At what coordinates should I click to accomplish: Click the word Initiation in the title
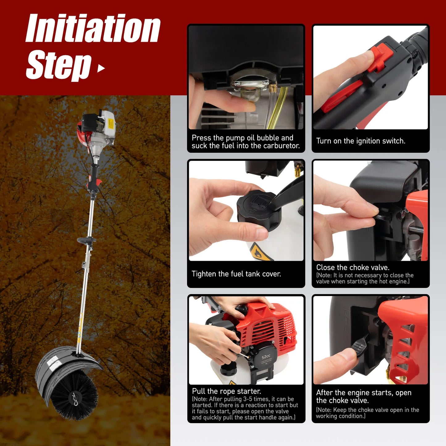tap(93, 28)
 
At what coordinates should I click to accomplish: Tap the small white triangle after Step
tap(101, 68)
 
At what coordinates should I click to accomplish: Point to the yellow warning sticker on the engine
tap(111, 124)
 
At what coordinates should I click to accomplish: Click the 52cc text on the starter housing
tap(266, 357)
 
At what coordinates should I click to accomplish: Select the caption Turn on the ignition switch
tap(361, 141)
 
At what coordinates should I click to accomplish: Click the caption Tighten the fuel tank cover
tap(236, 274)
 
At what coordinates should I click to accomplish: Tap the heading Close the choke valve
tap(352, 267)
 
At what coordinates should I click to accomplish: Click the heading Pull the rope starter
tap(226, 391)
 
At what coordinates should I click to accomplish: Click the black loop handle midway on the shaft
tap(86, 240)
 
